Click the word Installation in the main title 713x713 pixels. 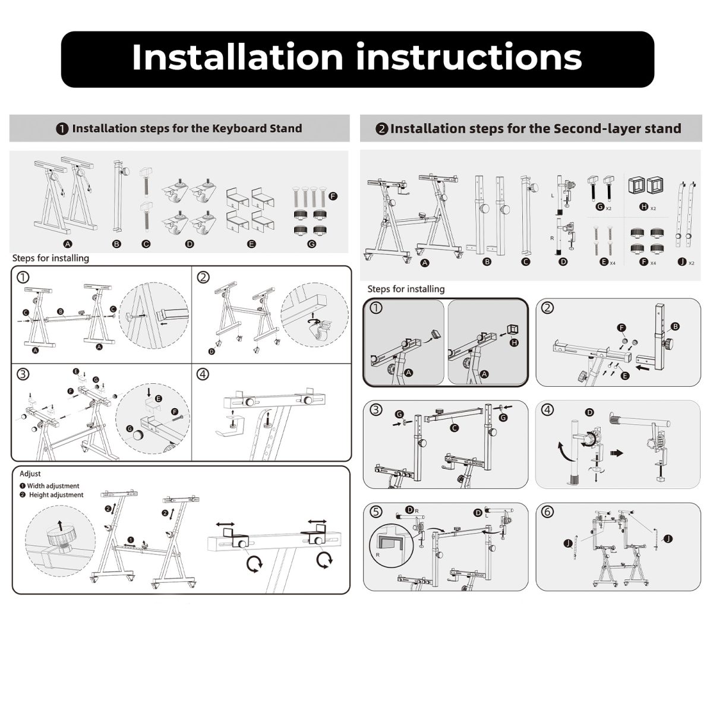237,58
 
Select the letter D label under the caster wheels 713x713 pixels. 190,244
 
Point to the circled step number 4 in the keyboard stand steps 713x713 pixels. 203,374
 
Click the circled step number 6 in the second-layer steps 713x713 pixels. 548,511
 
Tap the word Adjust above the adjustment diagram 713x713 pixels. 30,474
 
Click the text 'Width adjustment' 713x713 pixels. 53,486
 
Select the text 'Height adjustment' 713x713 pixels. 56,495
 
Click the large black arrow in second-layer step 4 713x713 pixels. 619,452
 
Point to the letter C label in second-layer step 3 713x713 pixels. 455,427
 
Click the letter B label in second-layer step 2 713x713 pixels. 675,327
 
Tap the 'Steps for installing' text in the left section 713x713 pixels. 51,258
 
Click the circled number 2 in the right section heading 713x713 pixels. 382,129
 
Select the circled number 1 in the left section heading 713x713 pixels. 62,129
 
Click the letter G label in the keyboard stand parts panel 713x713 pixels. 313,244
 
